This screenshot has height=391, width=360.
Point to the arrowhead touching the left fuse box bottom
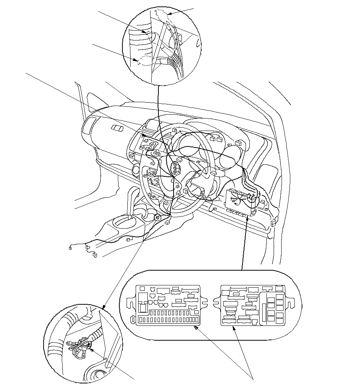point(196,328)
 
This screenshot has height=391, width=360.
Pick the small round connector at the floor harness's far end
point(70,248)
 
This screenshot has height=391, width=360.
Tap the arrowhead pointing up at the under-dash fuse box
point(247,217)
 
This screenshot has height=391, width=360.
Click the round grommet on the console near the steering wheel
point(157,217)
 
